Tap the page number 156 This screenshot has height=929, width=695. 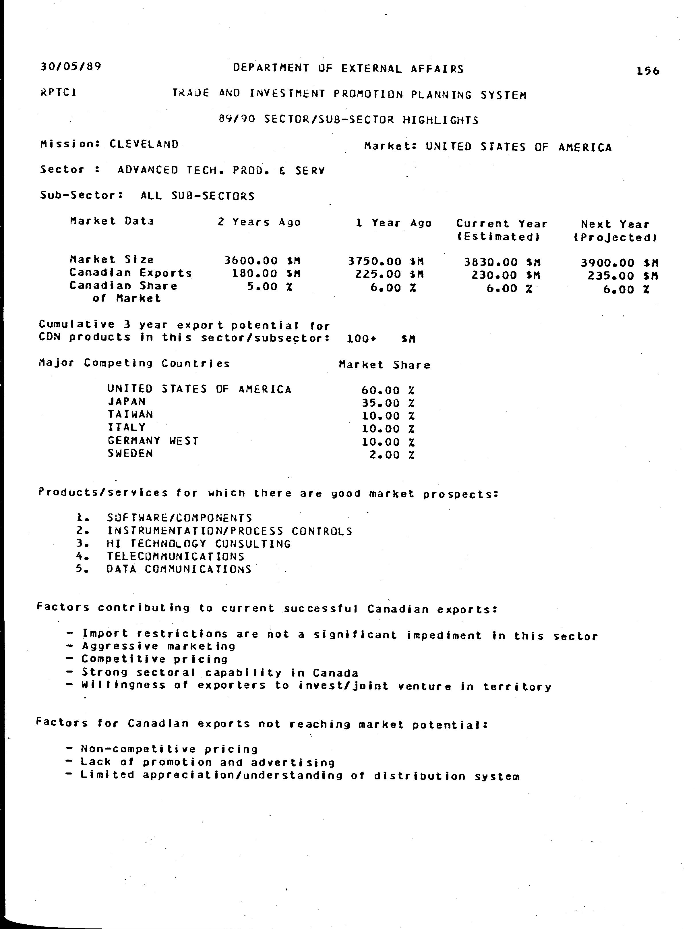click(x=648, y=71)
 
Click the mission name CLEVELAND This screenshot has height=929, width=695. click(x=144, y=144)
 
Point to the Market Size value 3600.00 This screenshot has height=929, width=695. click(x=251, y=261)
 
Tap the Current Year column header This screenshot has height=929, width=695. click(x=502, y=224)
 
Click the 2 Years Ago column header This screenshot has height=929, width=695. click(x=259, y=222)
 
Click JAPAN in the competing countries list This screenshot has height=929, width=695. click(x=126, y=401)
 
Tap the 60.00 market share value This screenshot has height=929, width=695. click(x=380, y=390)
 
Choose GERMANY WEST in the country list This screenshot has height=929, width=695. click(x=153, y=441)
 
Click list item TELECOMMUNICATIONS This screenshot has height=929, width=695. click(x=175, y=557)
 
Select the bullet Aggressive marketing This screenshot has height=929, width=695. click(x=158, y=646)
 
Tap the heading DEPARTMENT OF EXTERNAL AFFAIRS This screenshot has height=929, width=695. click(x=348, y=68)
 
